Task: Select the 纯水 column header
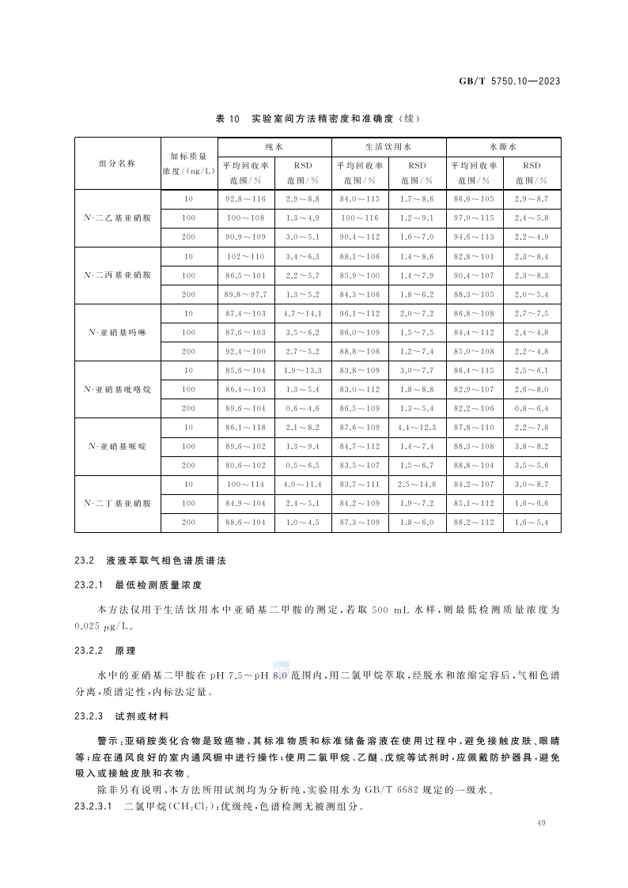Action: click(x=274, y=147)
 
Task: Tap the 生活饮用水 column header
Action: click(x=389, y=147)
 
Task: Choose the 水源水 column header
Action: click(x=503, y=147)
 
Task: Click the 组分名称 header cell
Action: click(x=117, y=163)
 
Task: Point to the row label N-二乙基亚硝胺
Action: click(x=117, y=217)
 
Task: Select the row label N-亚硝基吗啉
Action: click(x=117, y=332)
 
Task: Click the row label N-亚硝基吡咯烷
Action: click(x=117, y=389)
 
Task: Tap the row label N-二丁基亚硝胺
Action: click(x=117, y=503)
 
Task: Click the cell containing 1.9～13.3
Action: click(x=303, y=370)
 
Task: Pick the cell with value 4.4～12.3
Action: click(x=418, y=427)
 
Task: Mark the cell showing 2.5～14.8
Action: click(x=418, y=484)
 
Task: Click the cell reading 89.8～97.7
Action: click(x=246, y=294)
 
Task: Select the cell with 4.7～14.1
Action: click(x=303, y=313)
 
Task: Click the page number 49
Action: click(x=541, y=824)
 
